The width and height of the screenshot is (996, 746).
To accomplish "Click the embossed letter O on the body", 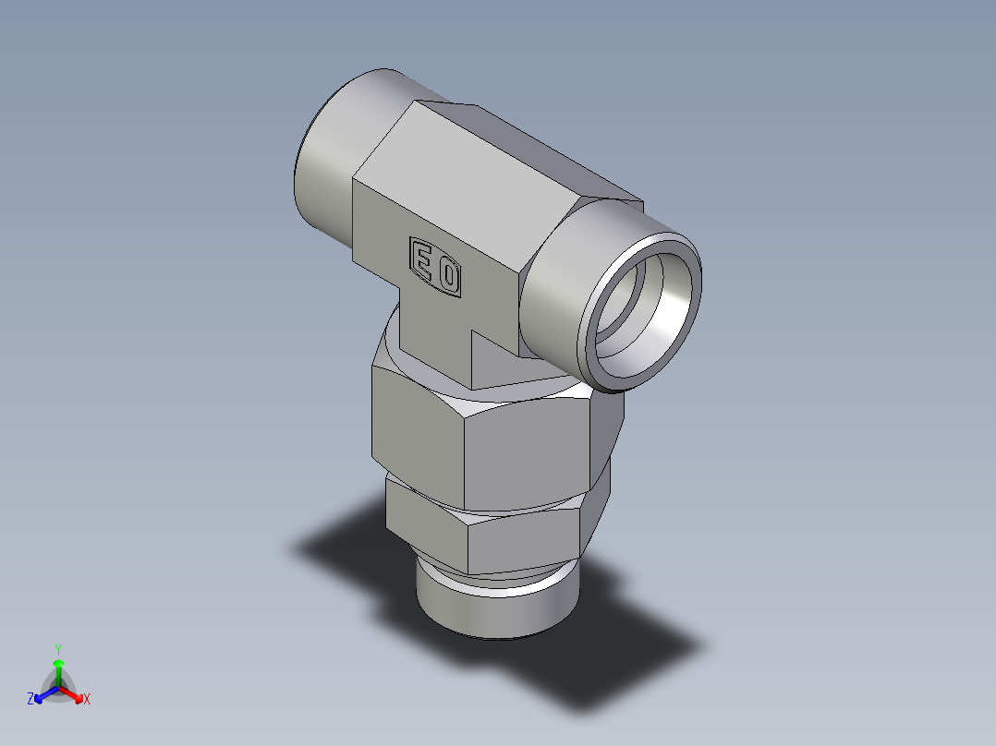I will coord(448,276).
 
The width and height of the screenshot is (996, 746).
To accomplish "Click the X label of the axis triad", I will coord(87,700).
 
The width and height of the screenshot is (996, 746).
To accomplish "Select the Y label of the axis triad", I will coord(58,649).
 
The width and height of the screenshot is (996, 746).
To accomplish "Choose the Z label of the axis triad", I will coord(30,700).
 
